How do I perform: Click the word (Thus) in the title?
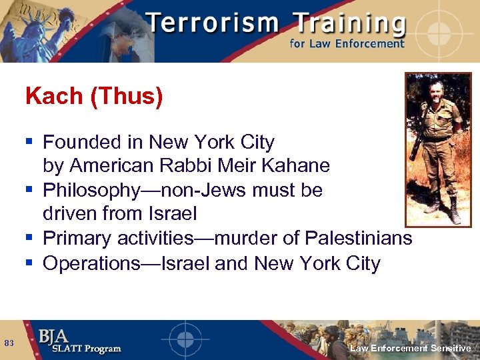tap(124, 97)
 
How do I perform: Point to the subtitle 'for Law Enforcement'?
tap(347, 44)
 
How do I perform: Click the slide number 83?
tap(9, 343)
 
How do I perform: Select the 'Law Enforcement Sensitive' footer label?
tap(411, 348)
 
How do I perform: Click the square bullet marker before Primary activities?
tap(29, 238)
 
